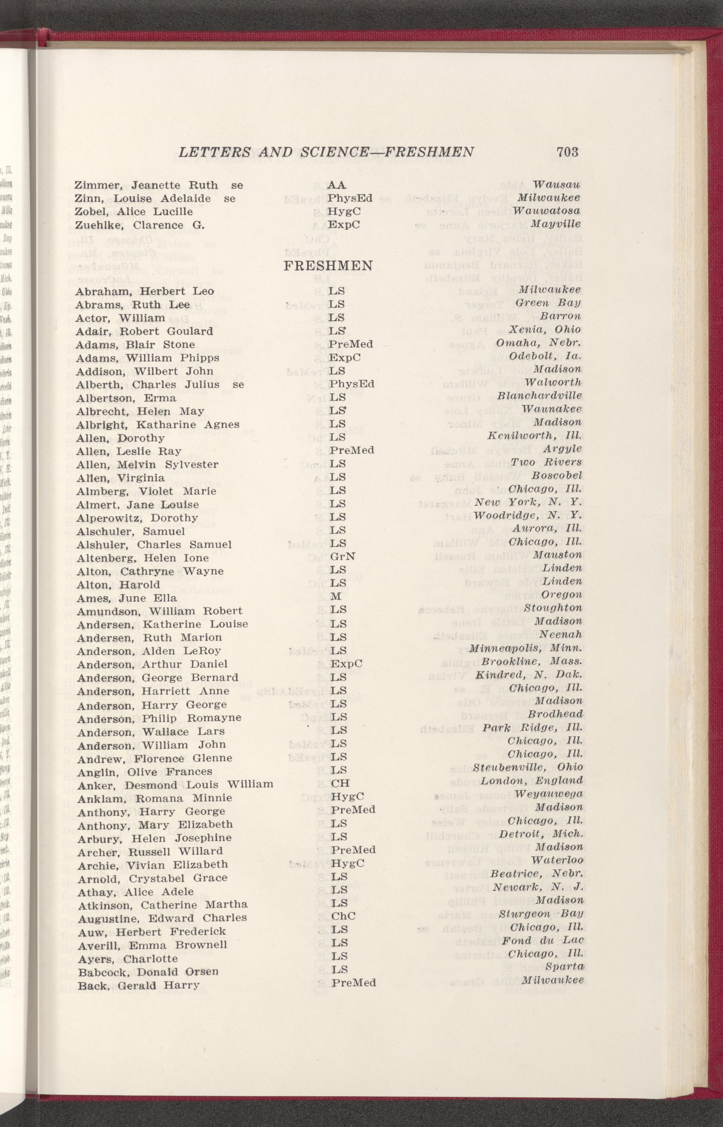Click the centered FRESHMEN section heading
(x=328, y=266)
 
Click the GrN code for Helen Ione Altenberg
(x=343, y=556)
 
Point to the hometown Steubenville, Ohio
(x=528, y=767)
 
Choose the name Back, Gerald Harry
(x=139, y=985)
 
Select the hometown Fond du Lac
(x=542, y=941)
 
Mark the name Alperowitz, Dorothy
(x=137, y=518)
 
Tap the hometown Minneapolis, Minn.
(x=526, y=648)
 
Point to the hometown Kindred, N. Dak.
(x=529, y=675)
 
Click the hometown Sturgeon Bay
(x=540, y=914)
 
